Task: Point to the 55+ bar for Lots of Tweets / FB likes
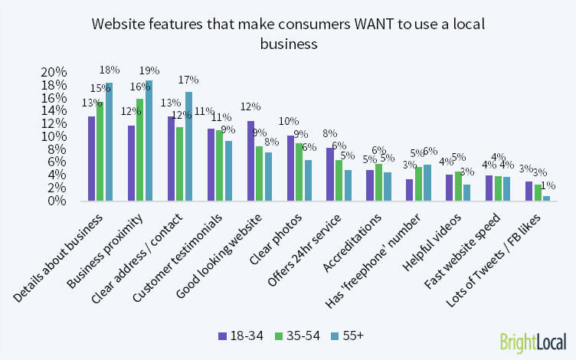coord(546,198)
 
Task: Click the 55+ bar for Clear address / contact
coord(188,146)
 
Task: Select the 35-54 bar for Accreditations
coord(378,182)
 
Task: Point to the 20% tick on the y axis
coord(60,72)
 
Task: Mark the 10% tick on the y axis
coord(60,136)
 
